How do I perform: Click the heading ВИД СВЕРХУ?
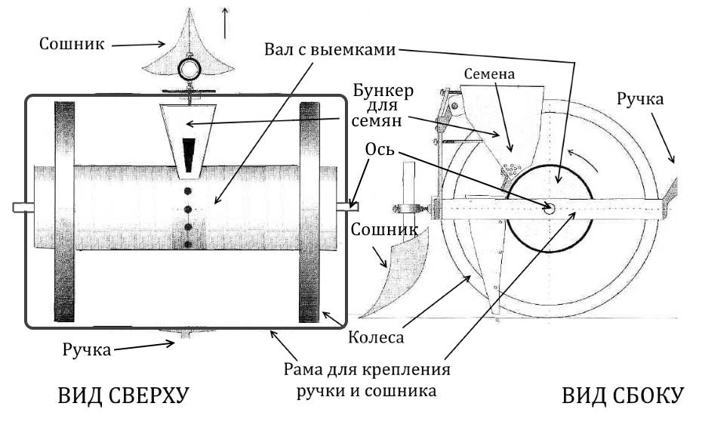click(x=124, y=397)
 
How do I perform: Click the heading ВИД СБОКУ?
click(x=623, y=397)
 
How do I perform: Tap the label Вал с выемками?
click(x=330, y=50)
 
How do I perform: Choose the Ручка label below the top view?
click(x=89, y=349)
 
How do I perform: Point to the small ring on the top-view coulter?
click(x=188, y=70)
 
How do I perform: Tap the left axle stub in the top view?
click(x=23, y=206)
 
